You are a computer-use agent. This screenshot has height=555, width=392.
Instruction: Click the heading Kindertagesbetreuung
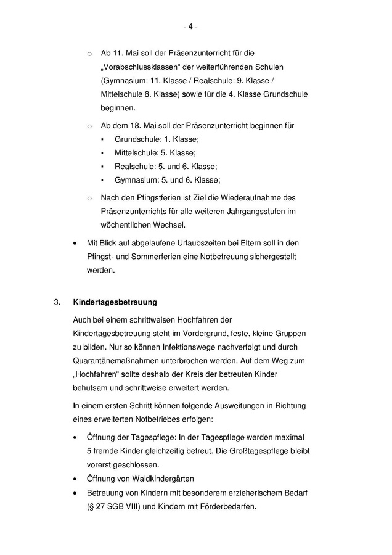pyautogui.click(x=115, y=303)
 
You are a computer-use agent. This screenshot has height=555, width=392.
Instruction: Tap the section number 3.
pyautogui.click(x=56, y=303)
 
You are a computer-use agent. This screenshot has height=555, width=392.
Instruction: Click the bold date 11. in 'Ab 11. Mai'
pyautogui.click(x=118, y=53)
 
